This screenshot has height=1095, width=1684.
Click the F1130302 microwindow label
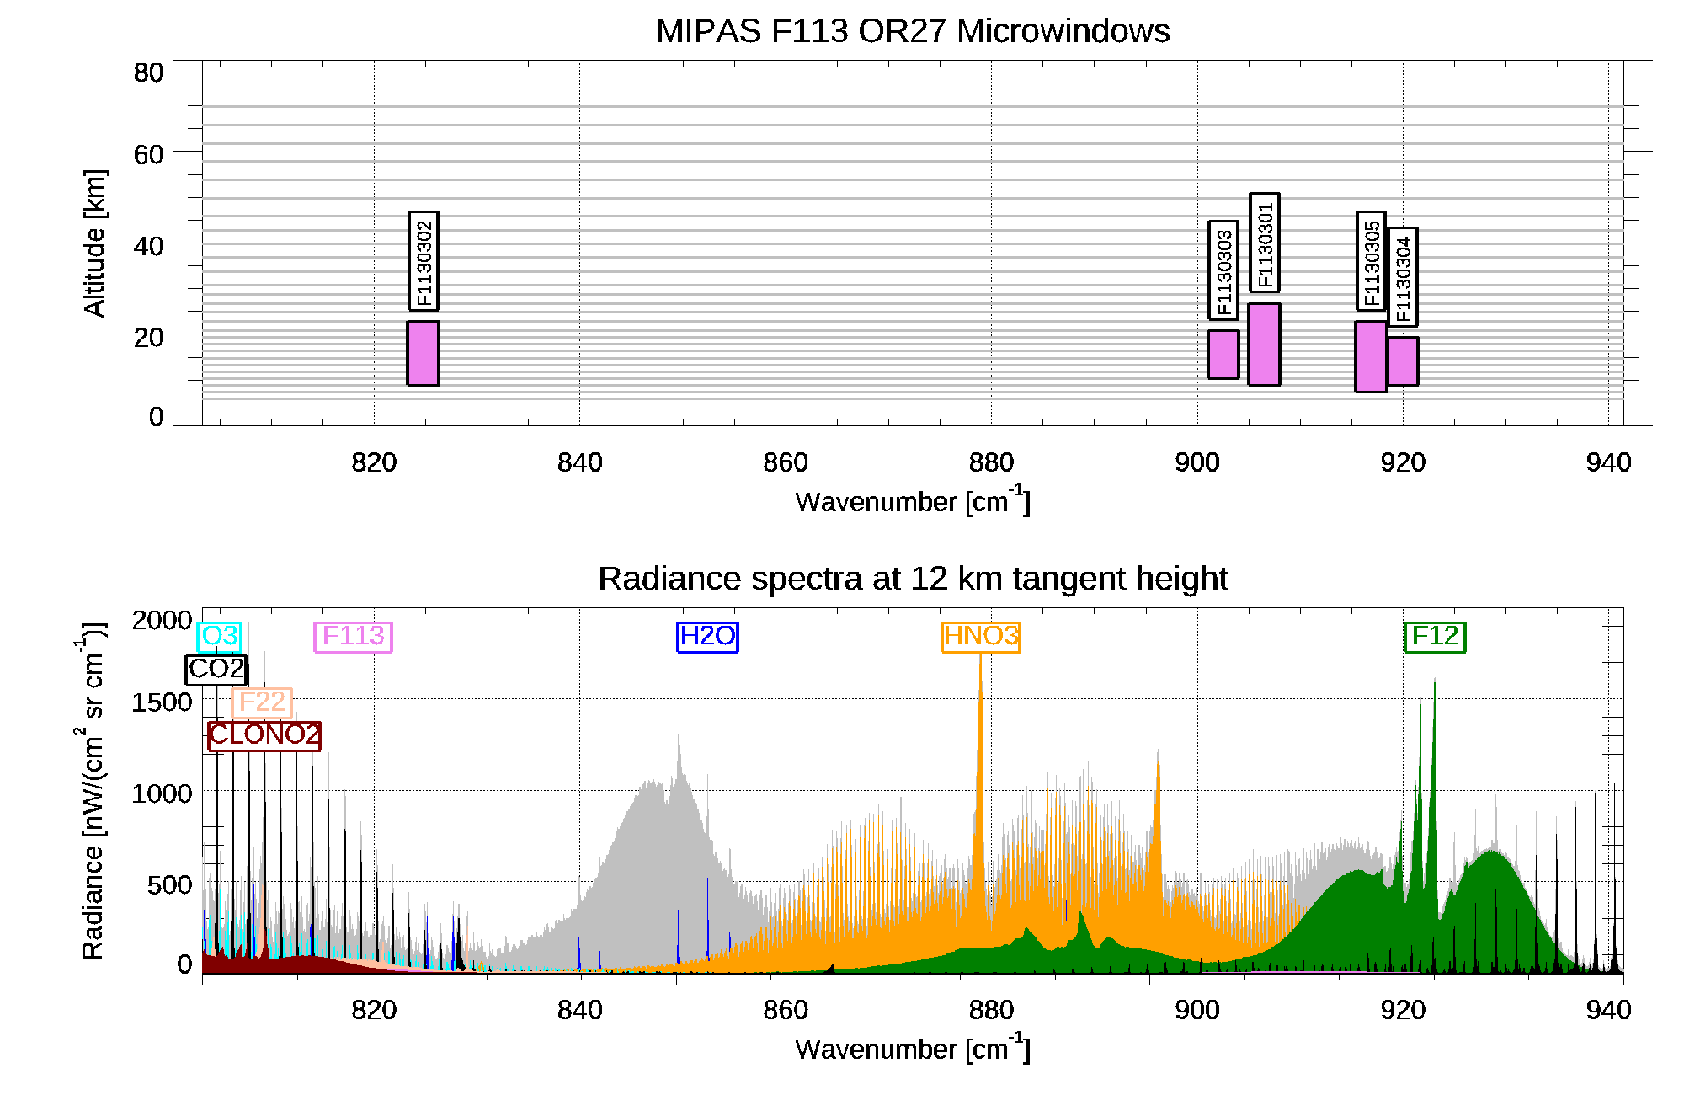point(424,261)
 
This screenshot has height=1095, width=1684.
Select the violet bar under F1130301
point(1264,345)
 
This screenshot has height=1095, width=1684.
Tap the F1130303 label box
point(1223,270)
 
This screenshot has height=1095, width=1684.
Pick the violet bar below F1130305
point(1371,356)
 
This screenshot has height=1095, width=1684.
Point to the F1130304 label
point(1403,277)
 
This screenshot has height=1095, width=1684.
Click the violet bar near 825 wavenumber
point(423,353)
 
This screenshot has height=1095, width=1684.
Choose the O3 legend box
point(219,636)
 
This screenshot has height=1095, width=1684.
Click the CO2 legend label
point(216,670)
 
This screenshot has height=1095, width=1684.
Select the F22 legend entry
point(262,702)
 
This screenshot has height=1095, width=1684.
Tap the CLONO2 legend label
point(264,735)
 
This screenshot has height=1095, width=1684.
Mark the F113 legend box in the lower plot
point(353,636)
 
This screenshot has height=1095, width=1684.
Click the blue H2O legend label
point(707,636)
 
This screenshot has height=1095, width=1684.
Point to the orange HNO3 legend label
point(981,636)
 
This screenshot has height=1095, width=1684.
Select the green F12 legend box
point(1435,636)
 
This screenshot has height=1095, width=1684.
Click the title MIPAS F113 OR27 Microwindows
point(913,31)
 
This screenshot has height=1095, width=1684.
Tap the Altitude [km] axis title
point(94,243)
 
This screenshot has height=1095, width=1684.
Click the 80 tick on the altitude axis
point(148,73)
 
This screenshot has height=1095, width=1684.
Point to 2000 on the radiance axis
point(162,621)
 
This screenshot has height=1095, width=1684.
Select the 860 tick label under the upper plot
point(786,462)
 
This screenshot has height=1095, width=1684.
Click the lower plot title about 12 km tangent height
point(913,579)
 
